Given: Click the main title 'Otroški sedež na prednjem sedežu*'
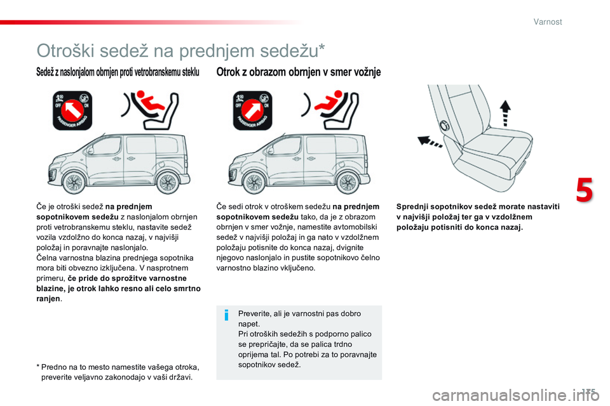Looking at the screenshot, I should pyautogui.click(x=181, y=50).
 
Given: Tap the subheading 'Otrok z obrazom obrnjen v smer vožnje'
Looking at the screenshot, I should pyautogui.click(x=299, y=72).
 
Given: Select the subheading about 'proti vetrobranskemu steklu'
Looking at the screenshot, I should pyautogui.click(x=118, y=73).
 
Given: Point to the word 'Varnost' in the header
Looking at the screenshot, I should pyautogui.click(x=547, y=22).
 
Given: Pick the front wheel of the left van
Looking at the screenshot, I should pyautogui.click(x=74, y=183).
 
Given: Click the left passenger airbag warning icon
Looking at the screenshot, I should pyautogui.click(x=72, y=110).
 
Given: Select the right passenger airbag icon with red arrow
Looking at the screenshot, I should pyautogui.click(x=253, y=110).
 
